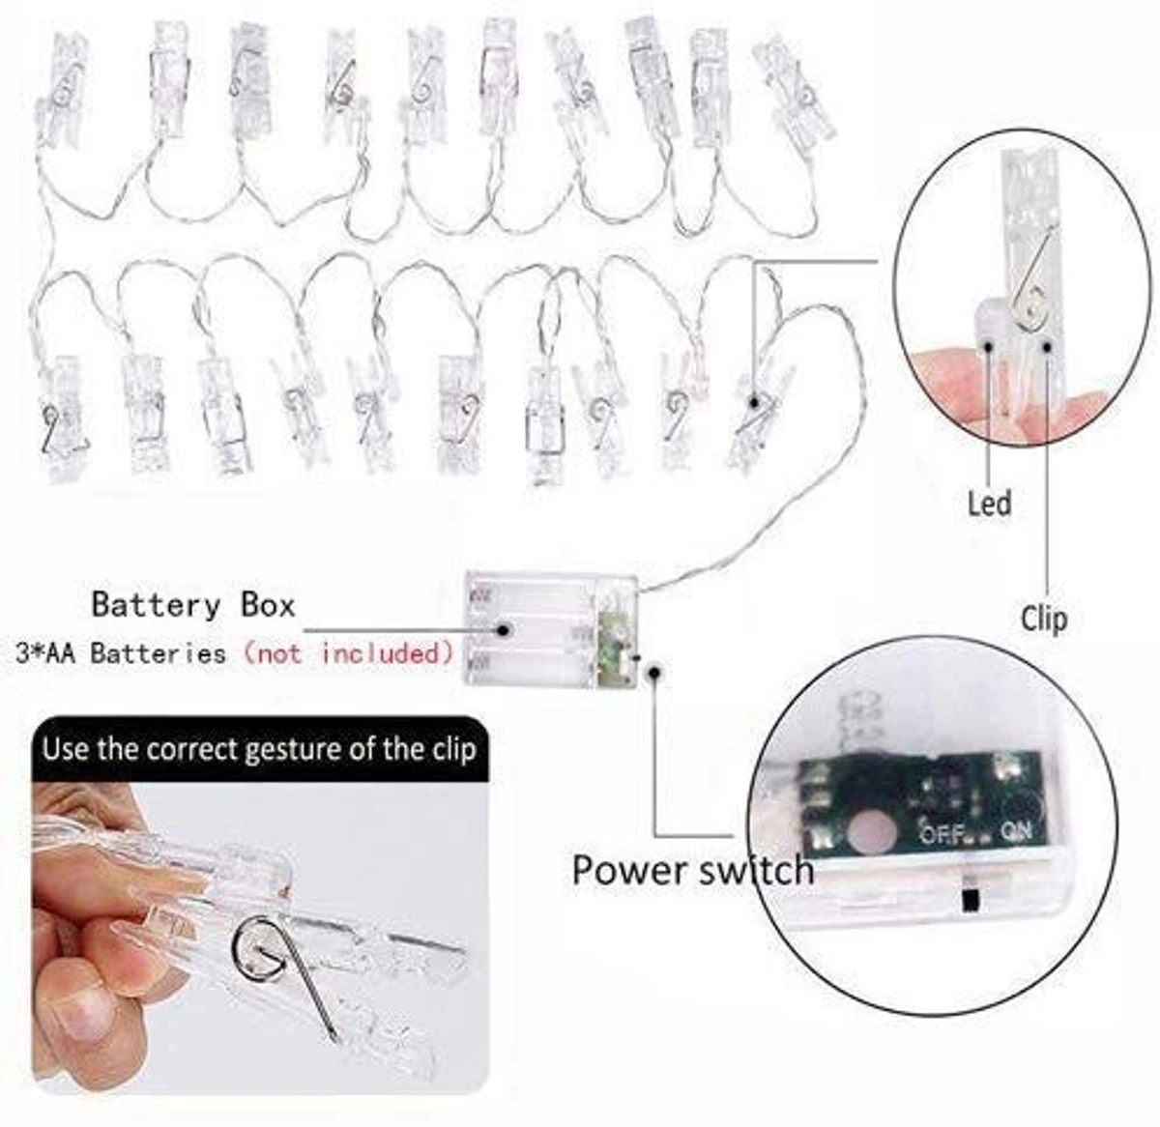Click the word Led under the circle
(x=989, y=504)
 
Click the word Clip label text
(x=1044, y=618)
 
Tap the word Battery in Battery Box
(x=156, y=605)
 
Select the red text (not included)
(x=347, y=653)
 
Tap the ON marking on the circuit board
(x=1016, y=830)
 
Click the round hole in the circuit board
(x=873, y=830)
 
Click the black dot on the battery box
(x=505, y=629)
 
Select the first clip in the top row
(x=60, y=92)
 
